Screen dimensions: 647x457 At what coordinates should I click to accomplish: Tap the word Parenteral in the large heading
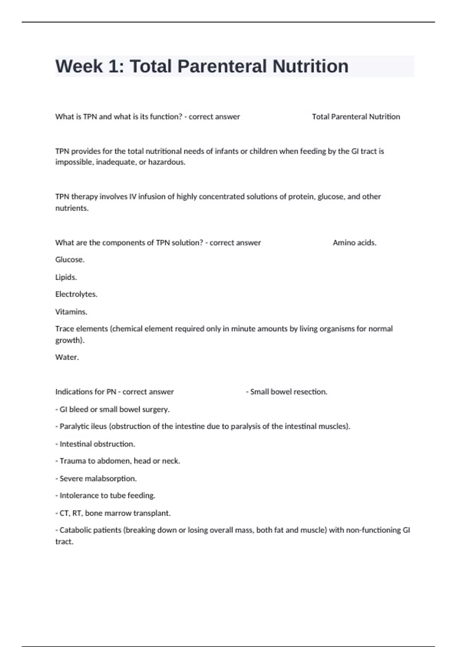tap(222, 67)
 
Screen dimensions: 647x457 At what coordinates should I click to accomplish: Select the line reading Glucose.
tap(70, 260)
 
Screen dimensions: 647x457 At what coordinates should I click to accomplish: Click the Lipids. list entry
tap(66, 277)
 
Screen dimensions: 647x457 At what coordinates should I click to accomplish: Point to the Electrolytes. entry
tap(76, 294)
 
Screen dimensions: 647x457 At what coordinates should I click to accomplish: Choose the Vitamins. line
tap(71, 312)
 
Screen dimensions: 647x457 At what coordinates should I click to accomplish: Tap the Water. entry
tap(67, 357)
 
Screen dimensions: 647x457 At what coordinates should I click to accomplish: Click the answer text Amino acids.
tap(355, 243)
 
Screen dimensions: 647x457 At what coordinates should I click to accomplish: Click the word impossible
tap(74, 162)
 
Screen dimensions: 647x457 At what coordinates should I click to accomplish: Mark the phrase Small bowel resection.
tap(288, 392)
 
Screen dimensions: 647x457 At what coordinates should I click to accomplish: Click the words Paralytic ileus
tap(83, 426)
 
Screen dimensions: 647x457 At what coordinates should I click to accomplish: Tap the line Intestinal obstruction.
tap(97, 444)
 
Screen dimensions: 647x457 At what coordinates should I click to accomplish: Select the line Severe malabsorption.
tap(98, 478)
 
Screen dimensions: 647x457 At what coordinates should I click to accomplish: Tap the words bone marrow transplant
tap(128, 513)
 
